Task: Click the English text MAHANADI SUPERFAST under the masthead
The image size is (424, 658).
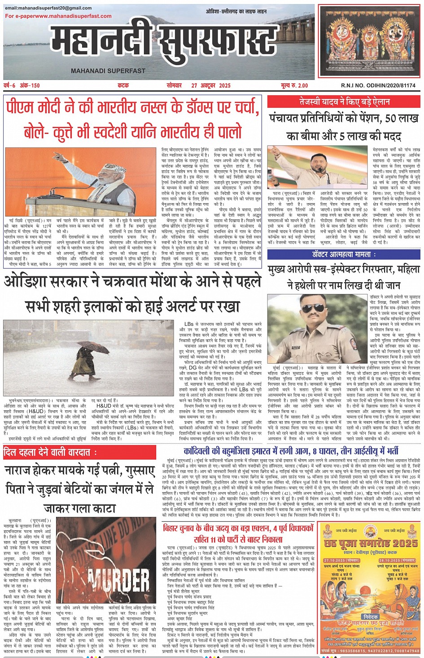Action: click(x=108, y=71)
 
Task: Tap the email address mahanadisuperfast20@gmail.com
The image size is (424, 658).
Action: click(x=48, y=9)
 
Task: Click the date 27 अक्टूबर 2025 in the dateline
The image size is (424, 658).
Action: click(x=210, y=85)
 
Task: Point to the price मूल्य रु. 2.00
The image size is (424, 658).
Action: click(x=294, y=85)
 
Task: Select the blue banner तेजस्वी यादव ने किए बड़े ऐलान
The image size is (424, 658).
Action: click(x=344, y=102)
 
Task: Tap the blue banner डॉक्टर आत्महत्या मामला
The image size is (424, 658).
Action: click(x=344, y=254)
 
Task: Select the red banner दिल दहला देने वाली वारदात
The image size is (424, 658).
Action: click(x=50, y=453)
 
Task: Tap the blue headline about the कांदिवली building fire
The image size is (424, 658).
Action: click(x=291, y=451)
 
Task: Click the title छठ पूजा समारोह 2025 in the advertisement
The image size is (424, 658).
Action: click(x=371, y=544)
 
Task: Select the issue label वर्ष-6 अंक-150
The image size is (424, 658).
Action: click(x=22, y=85)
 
